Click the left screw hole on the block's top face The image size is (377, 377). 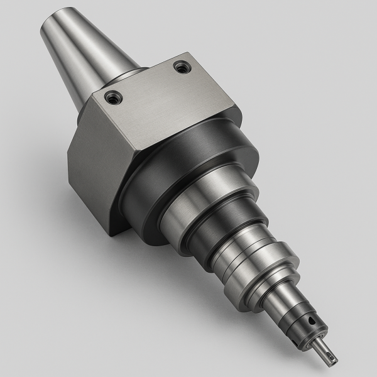[112, 97]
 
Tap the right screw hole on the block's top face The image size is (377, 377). [182, 66]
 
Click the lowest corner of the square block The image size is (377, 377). [112, 234]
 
